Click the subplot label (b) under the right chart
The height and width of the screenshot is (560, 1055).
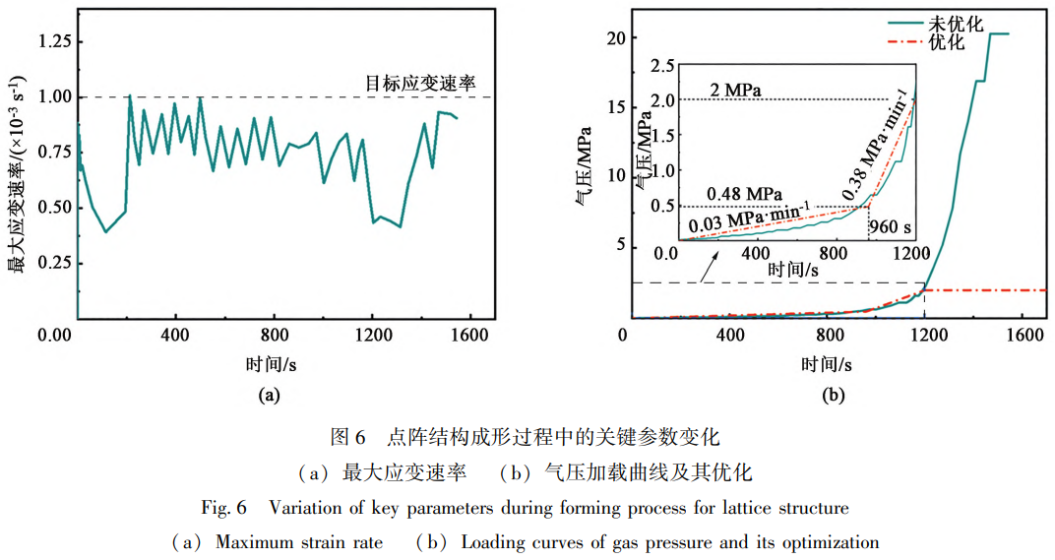click(833, 396)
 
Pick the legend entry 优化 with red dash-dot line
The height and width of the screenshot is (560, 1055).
click(947, 44)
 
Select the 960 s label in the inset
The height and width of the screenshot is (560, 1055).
click(892, 227)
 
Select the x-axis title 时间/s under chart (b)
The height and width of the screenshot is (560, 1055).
click(825, 363)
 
